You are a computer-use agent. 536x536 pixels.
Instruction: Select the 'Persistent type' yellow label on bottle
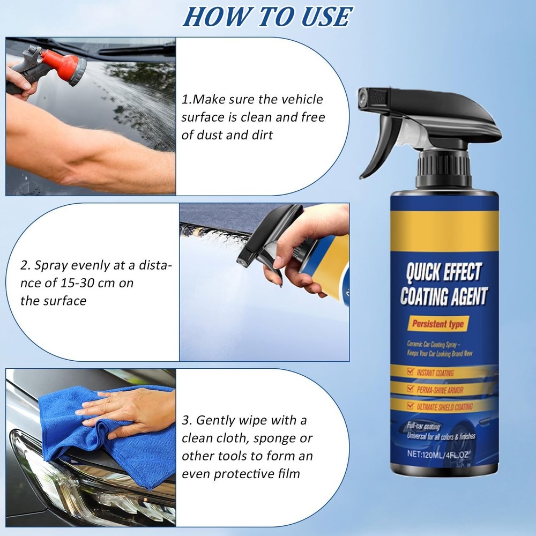coord(438,324)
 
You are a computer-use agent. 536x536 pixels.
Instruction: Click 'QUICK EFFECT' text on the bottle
coord(441,272)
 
